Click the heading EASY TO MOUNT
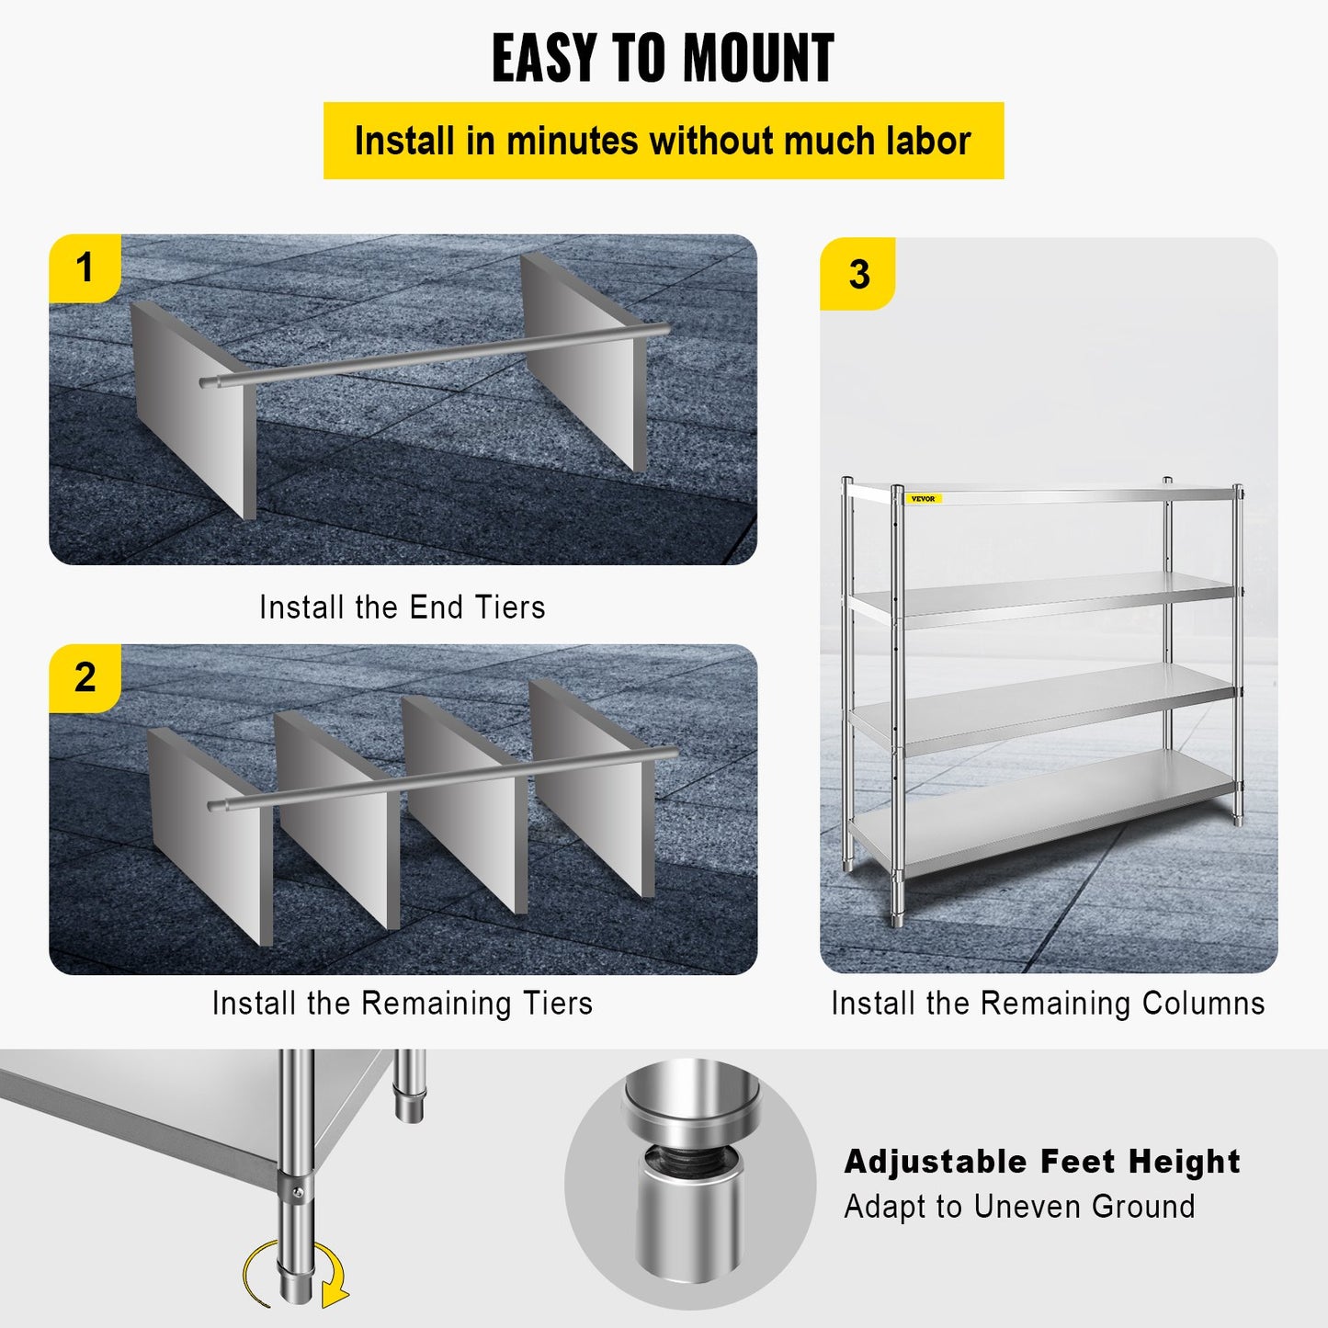[x=663, y=59]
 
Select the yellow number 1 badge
[x=85, y=268]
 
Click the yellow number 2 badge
[x=85, y=678]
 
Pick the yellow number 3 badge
[x=858, y=274]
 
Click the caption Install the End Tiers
[x=402, y=607]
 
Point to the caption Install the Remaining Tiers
[x=402, y=1003]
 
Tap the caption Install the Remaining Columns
[x=1048, y=1003]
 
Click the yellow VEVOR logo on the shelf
[x=923, y=499]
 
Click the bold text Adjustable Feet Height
[x=1042, y=1162]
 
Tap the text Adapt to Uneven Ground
[x=1019, y=1207]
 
